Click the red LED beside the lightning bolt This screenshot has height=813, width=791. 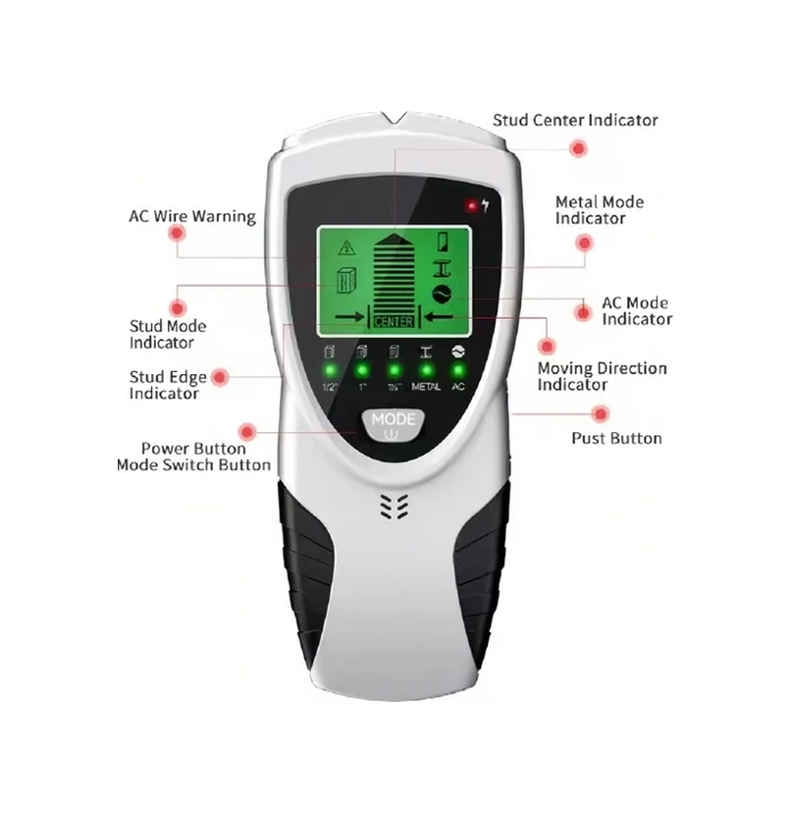[x=471, y=206]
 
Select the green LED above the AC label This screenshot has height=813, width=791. [x=457, y=370]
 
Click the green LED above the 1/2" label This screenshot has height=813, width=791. [x=330, y=370]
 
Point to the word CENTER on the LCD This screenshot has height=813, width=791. [x=395, y=320]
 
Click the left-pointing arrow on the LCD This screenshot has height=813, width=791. [x=438, y=316]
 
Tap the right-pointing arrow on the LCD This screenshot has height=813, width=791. [x=348, y=316]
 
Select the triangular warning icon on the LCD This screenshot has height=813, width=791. [x=346, y=246]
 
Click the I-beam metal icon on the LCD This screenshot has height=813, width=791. [x=443, y=267]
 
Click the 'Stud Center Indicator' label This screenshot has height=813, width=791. [x=575, y=120]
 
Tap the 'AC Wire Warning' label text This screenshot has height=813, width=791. [x=192, y=216]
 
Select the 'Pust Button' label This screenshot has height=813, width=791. [x=616, y=438]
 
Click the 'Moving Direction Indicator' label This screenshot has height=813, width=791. [x=602, y=376]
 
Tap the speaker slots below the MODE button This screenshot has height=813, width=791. [x=394, y=506]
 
